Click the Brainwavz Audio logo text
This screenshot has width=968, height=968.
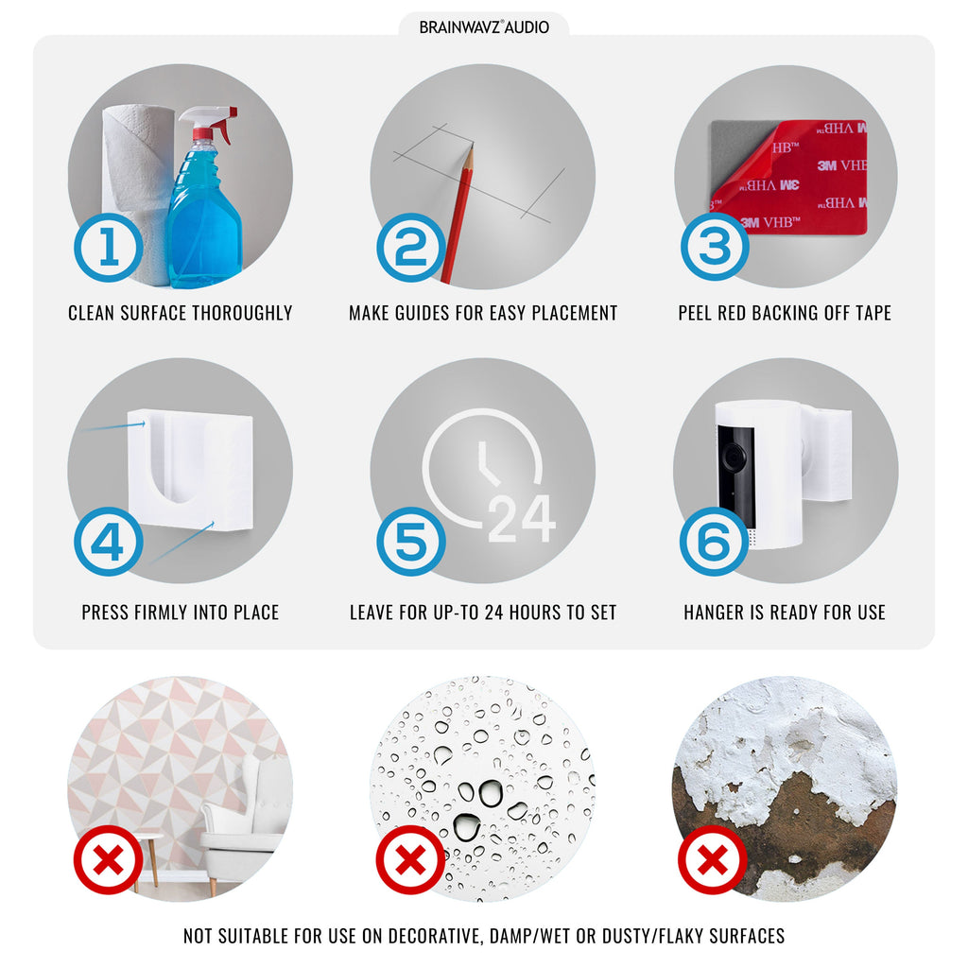point(484,27)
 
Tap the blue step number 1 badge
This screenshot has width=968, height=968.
point(109,248)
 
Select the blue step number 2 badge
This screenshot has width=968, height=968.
point(411,248)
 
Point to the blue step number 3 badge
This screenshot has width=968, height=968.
point(715,247)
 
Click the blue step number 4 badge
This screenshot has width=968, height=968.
point(109,542)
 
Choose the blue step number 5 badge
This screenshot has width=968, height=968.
point(411,542)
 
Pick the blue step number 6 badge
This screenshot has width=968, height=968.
point(715,542)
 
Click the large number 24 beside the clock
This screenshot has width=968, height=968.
point(522,519)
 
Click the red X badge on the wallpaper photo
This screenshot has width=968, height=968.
point(108,859)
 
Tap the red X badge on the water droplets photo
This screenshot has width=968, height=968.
point(410,859)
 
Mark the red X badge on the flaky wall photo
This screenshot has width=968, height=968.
point(713,859)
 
